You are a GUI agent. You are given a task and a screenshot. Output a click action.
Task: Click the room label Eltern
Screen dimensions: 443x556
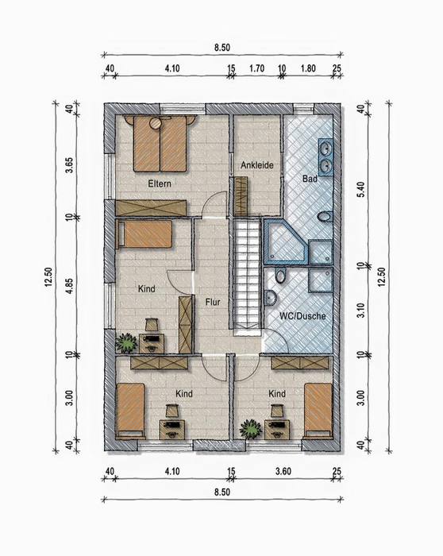[160, 183]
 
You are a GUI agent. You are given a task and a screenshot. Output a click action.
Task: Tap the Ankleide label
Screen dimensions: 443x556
[257, 165]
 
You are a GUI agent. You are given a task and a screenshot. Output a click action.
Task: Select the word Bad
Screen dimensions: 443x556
[310, 179]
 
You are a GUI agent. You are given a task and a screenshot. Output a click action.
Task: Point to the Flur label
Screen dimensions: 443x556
[213, 302]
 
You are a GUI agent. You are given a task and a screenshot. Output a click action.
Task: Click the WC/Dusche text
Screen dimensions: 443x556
[302, 316]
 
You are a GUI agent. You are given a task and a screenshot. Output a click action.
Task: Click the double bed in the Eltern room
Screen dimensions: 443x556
[160, 144]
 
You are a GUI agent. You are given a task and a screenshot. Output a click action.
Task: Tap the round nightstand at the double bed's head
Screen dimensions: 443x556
[156, 123]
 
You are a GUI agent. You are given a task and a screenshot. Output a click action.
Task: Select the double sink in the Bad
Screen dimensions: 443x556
[326, 157]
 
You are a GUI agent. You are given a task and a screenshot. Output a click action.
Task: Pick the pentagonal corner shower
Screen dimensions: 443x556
[287, 241]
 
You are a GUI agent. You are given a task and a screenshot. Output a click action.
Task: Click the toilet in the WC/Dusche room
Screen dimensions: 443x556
[280, 276]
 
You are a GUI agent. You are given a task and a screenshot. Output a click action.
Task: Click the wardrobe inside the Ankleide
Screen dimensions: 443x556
[241, 196]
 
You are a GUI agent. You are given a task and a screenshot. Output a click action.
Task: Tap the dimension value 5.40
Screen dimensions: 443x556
[360, 189]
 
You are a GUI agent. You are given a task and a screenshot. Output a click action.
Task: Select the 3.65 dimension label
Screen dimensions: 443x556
[69, 165]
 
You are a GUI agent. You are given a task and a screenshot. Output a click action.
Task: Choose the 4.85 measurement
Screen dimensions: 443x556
[69, 286]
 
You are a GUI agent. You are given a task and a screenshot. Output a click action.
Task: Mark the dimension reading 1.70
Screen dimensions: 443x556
[256, 68]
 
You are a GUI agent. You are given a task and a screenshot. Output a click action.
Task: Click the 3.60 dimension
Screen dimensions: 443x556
[283, 471]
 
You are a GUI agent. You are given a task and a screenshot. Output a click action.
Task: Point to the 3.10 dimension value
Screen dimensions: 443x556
[360, 310]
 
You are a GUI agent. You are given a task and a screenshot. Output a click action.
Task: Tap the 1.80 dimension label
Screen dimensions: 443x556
[308, 68]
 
